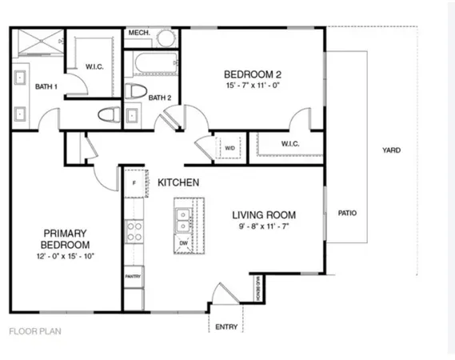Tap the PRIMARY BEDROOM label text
coord(66,238)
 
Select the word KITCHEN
coord(178,183)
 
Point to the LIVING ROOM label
coord(264,215)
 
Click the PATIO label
coord(347,214)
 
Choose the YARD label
coord(391,150)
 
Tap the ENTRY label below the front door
coord(226,327)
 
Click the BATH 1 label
coord(46,86)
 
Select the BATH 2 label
coord(161,98)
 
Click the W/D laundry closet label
coord(229,147)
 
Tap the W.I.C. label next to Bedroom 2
coord(289,145)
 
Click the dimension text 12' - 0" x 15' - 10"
coord(66,257)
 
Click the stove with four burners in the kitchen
coord(134,232)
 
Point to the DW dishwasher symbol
coord(184,242)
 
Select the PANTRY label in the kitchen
coord(134,276)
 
